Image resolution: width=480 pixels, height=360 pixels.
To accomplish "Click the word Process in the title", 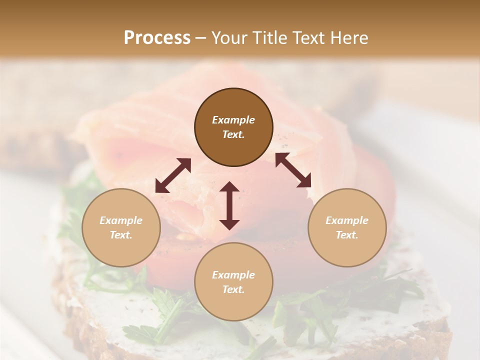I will coord(157,38).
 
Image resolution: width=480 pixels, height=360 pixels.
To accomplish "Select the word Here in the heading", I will coord(349,38).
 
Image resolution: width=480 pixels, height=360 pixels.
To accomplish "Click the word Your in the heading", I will coord(229,38).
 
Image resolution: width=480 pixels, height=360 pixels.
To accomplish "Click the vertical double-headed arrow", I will coord(229,205).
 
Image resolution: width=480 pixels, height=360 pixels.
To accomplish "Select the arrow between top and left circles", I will coord(173,175).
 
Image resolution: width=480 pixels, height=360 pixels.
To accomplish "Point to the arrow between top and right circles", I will coord(293,170).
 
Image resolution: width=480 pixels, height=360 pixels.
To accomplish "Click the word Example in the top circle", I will coord(233,120).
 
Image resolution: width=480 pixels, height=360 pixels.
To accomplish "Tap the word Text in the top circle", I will coord(233,134).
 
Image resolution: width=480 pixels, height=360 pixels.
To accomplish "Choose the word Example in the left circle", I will coord(121,220).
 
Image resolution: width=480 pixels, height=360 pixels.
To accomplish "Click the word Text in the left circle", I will coord(121,235).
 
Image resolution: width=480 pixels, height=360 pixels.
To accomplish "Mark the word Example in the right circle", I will coord(347,220).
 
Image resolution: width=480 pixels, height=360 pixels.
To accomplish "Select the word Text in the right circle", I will coord(347,235).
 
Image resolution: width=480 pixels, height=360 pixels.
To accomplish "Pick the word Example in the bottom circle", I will coord(233,275).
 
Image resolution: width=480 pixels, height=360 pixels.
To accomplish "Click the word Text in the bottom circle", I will coord(233,289).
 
